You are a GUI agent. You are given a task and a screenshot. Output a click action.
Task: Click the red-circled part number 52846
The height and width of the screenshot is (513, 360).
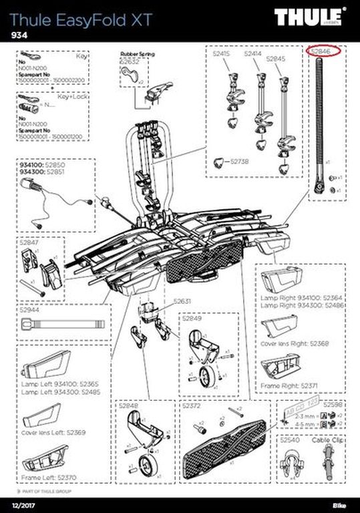tap(324, 51)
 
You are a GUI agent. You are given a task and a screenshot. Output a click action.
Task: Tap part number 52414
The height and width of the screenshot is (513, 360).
tap(252, 53)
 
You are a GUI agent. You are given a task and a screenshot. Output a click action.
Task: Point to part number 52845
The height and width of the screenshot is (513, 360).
tap(276, 59)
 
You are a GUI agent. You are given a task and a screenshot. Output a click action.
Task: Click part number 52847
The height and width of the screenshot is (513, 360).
tap(29, 244)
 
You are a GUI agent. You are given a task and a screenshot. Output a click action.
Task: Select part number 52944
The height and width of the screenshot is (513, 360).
tap(29, 310)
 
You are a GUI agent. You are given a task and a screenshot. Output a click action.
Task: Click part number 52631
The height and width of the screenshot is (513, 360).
tap(183, 301)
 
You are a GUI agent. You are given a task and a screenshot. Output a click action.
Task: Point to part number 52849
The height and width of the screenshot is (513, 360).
tap(192, 319)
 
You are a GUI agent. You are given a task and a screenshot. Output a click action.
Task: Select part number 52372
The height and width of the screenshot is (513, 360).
tap(192, 405)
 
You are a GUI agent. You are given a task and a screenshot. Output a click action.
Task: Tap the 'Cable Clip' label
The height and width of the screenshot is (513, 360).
tap(327, 441)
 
